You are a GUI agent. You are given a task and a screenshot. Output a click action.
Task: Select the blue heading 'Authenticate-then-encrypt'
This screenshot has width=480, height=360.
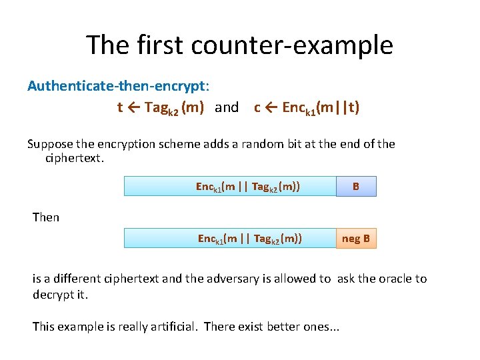click(x=117, y=86)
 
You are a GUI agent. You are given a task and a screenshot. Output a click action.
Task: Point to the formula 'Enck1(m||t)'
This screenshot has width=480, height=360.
click(x=321, y=108)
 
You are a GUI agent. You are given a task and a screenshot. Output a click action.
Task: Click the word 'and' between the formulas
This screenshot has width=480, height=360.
click(x=227, y=108)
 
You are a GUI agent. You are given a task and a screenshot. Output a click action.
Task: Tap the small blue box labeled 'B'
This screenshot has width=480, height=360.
click(x=356, y=187)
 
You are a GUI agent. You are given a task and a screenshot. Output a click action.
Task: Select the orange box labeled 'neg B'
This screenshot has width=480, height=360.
click(x=356, y=238)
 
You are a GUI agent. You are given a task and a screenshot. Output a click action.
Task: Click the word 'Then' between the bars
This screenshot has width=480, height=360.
click(x=46, y=217)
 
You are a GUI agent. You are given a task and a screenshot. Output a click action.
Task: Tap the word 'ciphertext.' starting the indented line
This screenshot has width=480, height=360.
click(x=75, y=159)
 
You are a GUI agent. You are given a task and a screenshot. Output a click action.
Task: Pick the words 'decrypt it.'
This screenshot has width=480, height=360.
click(x=60, y=294)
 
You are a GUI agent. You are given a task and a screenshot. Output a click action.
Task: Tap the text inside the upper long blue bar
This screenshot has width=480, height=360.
click(x=247, y=187)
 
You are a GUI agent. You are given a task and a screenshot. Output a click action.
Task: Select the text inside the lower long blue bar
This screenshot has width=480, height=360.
click(x=249, y=238)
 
